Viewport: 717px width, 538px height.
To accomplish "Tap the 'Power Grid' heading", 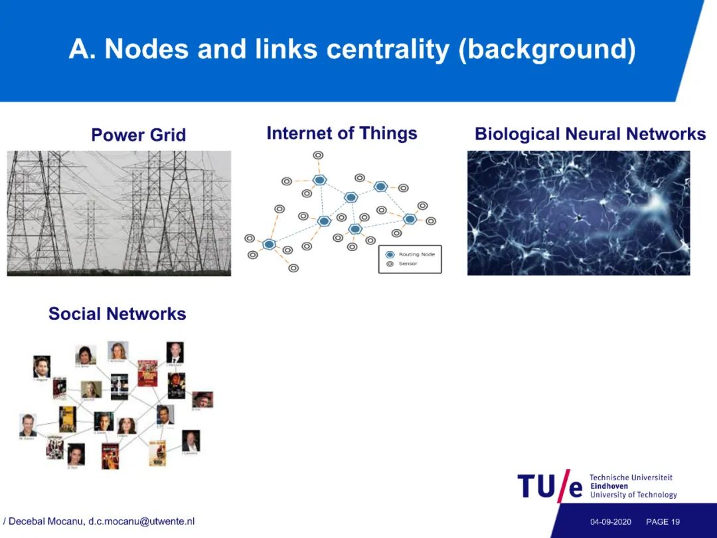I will click(x=138, y=135).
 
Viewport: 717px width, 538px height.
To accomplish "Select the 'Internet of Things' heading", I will click(x=342, y=134).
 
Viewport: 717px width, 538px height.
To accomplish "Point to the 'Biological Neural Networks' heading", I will click(x=590, y=134).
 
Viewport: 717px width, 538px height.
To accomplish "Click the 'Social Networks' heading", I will click(x=118, y=314).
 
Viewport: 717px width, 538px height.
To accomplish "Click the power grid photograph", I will click(x=119, y=213).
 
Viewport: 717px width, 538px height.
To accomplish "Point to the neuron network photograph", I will click(x=578, y=213).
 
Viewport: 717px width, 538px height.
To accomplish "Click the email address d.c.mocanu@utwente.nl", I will click(x=141, y=521).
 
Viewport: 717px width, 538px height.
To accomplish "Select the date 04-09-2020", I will click(x=610, y=522).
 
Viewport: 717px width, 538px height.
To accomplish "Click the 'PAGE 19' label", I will click(x=663, y=522).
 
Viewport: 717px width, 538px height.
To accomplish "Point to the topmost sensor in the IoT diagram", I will click(x=318, y=155).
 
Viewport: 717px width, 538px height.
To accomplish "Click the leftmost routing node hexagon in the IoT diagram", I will click(x=269, y=244).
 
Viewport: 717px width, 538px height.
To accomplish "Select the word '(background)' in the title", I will click(x=547, y=50).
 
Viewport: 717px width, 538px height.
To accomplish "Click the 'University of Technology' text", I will click(x=633, y=495).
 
